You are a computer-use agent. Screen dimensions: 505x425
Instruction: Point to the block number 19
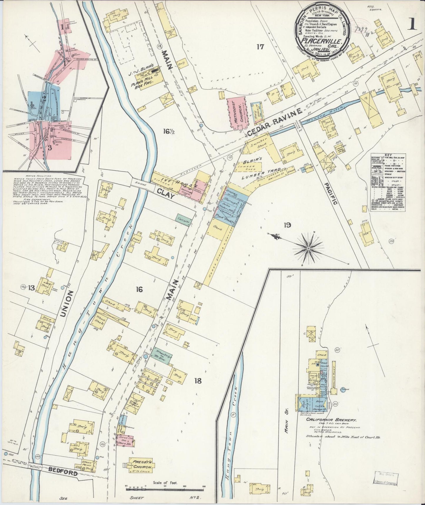[x=287, y=225]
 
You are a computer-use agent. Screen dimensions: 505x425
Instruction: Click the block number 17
[x=260, y=47]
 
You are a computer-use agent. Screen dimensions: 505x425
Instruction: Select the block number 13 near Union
[x=31, y=288]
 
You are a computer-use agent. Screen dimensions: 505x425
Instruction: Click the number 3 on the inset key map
[x=50, y=148]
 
